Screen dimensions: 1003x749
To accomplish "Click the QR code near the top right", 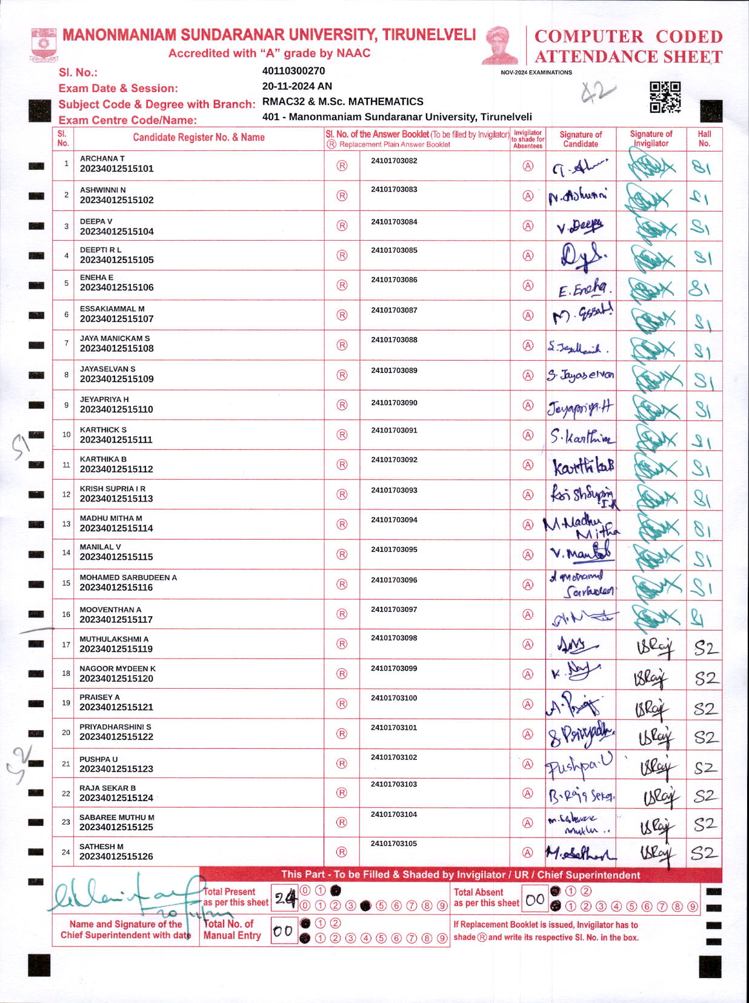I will tap(665, 97).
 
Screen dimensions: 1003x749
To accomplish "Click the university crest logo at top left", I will tap(43, 45).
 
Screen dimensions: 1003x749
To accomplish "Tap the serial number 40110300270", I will tap(293, 71).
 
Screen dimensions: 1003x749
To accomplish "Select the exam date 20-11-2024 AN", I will tap(297, 86).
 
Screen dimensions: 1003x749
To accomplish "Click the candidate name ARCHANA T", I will tap(102, 158).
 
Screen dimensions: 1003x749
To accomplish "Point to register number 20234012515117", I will tap(116, 620).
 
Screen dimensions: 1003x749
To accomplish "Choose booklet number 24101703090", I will tap(394, 403).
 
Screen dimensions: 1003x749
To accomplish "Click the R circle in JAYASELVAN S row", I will tap(342, 375).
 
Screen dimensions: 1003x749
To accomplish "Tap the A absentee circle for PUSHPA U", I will tap(528, 764).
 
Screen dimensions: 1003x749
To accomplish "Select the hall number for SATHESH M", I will tap(704, 853).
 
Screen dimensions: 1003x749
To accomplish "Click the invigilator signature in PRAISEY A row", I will tap(651, 708).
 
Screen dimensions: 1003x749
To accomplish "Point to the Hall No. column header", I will tap(704, 139).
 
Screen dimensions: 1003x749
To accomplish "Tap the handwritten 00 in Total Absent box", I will tap(534, 900).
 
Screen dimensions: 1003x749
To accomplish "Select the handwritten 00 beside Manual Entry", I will tap(283, 931).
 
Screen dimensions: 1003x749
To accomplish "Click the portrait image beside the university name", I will tap(500, 45).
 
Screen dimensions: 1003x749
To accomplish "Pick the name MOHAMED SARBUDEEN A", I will tap(128, 577).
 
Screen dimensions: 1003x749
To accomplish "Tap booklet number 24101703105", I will tap(394, 844).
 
